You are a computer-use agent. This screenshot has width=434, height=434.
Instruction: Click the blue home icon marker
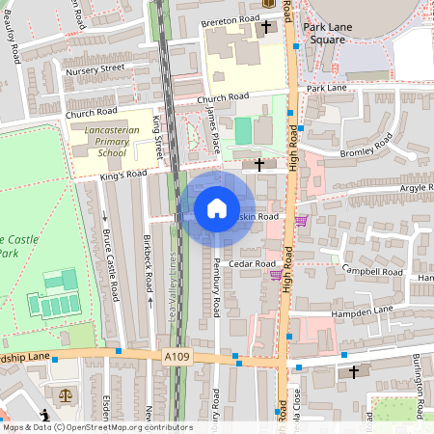click(x=217, y=207)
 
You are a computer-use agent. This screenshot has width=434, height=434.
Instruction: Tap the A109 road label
click(x=176, y=357)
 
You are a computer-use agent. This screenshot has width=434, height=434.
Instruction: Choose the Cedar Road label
click(x=254, y=263)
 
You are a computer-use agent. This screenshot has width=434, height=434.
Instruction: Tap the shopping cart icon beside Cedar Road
click(x=276, y=274)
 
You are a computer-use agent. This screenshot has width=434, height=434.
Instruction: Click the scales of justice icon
click(x=66, y=395)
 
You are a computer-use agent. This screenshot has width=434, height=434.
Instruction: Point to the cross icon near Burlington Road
click(x=353, y=371)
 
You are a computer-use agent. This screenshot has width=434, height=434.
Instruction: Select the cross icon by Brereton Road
click(x=265, y=26)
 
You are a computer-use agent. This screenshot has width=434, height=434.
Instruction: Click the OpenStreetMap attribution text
click(x=96, y=427)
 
